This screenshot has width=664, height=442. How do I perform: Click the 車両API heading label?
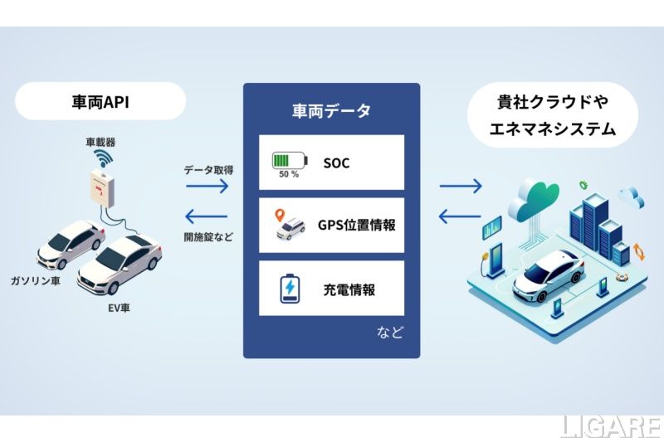100,102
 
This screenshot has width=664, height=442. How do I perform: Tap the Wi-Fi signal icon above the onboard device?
103,158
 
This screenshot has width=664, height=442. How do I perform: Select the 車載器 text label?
100,142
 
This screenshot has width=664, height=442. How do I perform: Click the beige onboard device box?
102,187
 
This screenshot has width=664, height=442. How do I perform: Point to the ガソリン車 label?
35,280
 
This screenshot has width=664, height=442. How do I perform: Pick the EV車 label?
119,308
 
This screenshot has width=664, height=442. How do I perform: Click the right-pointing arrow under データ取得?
207,186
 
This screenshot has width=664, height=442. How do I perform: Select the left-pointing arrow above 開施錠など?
207,216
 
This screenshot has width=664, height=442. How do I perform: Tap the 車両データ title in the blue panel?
331,110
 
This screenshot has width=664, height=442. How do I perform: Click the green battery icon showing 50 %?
290,161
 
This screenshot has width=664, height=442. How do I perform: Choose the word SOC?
336,163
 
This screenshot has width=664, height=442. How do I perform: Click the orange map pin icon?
280,216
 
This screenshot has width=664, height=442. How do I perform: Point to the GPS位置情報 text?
357,225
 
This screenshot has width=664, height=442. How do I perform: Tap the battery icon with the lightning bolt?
290,289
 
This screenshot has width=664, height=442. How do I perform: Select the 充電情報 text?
349,289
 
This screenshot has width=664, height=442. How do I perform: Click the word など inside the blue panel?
389,332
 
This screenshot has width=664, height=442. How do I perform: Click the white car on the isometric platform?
549,275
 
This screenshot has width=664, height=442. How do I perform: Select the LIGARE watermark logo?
612,427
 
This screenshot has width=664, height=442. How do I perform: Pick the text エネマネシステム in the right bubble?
553,129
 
